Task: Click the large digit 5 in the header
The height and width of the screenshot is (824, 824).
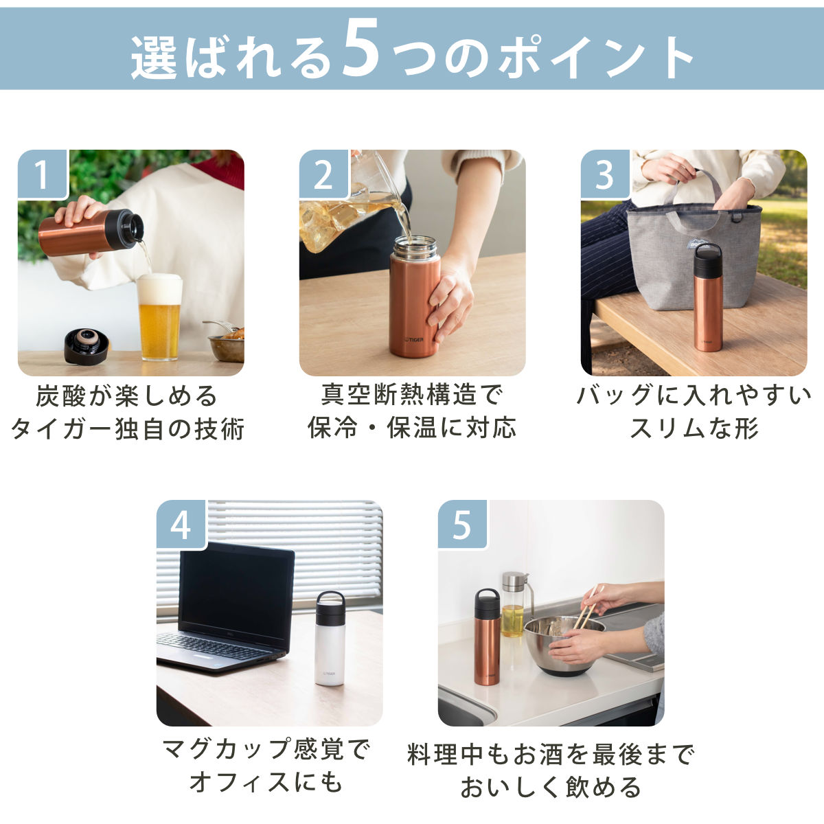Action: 362,49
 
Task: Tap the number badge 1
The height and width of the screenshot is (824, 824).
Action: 43,174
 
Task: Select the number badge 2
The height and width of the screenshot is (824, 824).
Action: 323,174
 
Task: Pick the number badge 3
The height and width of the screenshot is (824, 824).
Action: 605,174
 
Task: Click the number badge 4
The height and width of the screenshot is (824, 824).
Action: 181,525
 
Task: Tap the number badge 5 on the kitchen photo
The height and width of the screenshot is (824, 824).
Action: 463,525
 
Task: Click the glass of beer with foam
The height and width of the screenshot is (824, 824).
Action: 159,317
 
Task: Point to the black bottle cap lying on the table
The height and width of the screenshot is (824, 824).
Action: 86,346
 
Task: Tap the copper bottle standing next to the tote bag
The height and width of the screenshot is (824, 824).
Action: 708,297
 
